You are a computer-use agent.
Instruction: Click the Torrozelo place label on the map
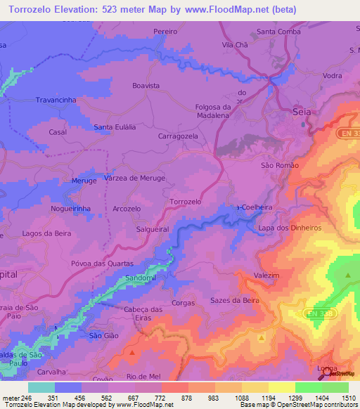(x=186, y=202)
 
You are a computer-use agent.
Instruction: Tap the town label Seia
(x=301, y=112)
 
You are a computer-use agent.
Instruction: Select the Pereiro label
(x=165, y=32)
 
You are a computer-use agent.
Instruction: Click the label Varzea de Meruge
(x=134, y=178)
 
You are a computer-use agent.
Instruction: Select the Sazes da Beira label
(x=235, y=300)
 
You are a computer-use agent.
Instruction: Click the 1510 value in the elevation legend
(x=349, y=397)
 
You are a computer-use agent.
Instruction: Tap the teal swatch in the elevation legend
(x=41, y=387)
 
